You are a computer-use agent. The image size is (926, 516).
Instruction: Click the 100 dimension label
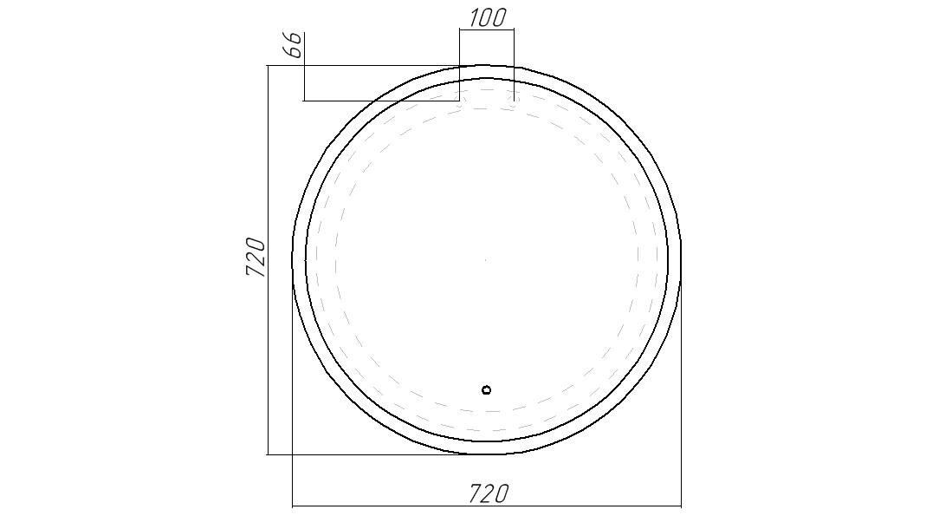point(488,17)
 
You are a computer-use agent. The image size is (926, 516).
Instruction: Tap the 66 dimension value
point(295,45)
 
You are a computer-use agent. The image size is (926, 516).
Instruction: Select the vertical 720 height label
point(256,257)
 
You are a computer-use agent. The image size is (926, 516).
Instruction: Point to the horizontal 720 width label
point(489,493)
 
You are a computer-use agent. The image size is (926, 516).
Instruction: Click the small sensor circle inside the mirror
point(486,389)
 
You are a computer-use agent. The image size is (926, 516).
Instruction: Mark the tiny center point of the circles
point(485,259)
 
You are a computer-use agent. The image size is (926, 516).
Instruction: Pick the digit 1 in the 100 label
point(474,17)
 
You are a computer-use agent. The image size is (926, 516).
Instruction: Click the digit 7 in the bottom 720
point(476,493)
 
